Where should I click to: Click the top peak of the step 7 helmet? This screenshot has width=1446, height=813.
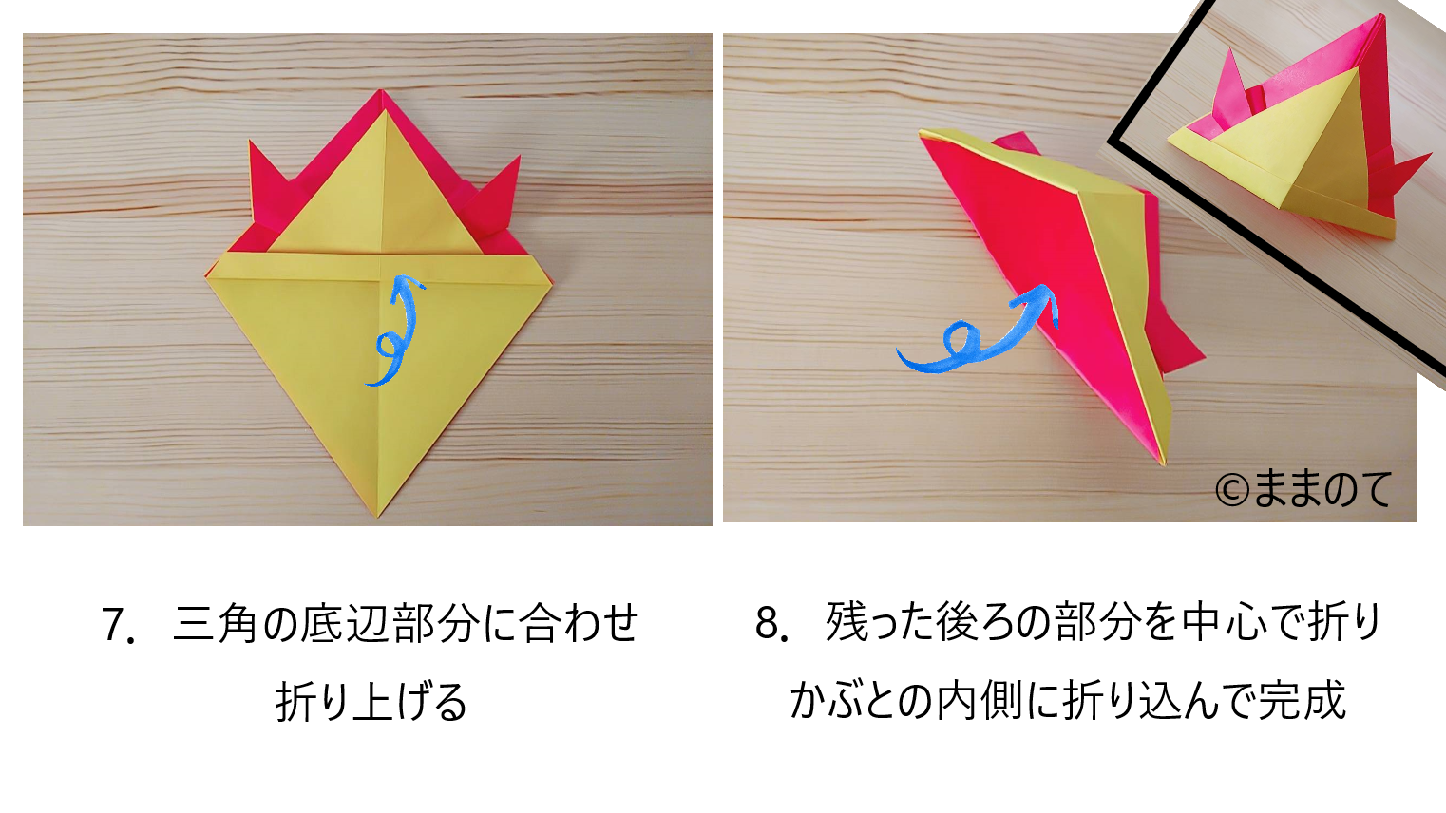tap(380, 91)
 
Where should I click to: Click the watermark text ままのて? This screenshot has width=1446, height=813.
tap(1322, 490)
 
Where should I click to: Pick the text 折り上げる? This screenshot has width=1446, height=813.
tap(371, 701)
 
